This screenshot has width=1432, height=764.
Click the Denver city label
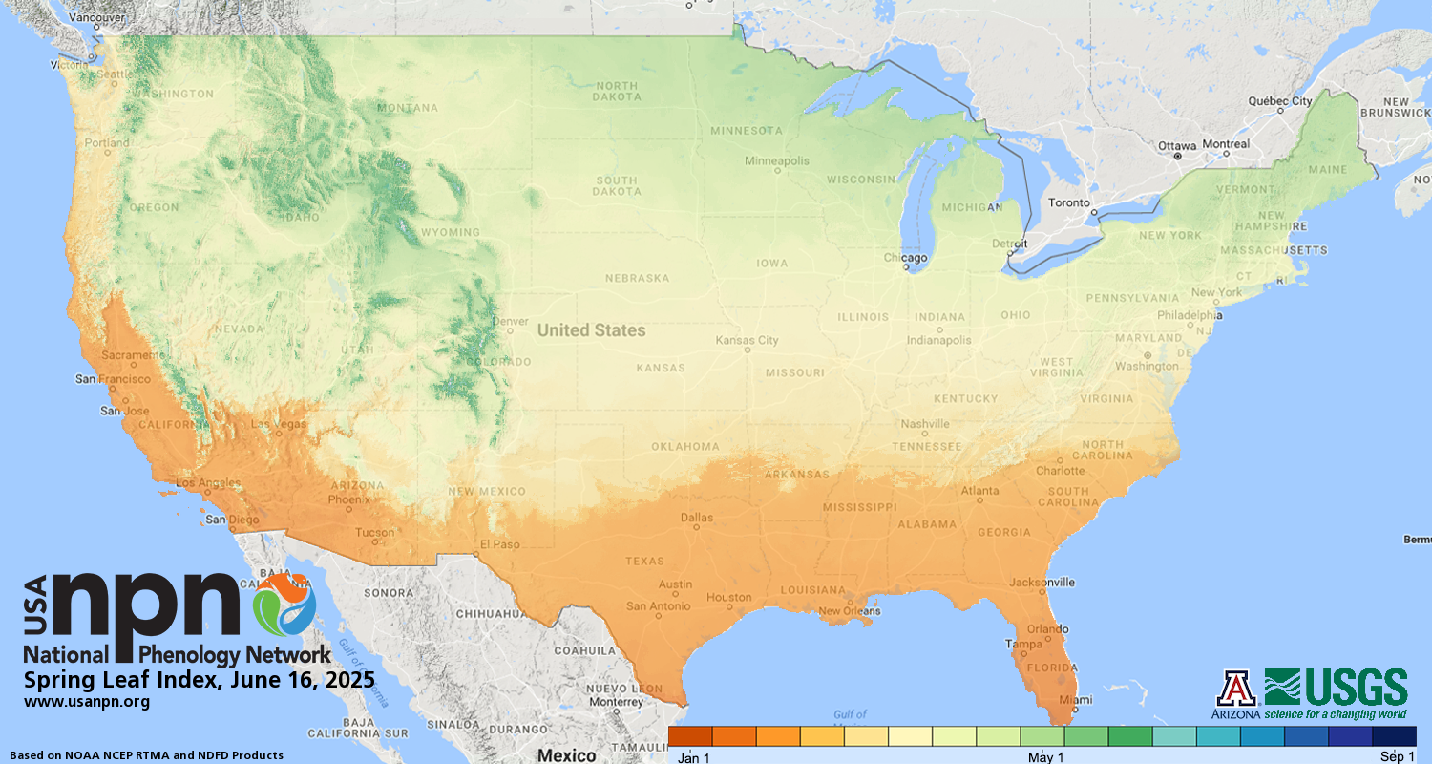[511, 321]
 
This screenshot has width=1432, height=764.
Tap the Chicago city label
[905, 258]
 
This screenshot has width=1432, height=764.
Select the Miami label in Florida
[1075, 699]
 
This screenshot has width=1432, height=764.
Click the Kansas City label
[748, 340]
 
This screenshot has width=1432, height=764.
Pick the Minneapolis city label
[777, 160]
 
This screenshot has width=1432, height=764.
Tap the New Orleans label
[848, 610]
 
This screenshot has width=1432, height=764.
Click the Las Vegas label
[279, 424]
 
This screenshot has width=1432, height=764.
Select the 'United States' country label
[591, 330]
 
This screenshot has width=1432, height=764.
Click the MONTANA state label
[408, 108]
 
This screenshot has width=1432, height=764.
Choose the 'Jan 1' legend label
[694, 757]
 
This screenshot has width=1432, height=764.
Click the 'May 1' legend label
[1046, 757]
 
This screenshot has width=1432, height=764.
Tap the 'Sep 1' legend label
[1398, 757]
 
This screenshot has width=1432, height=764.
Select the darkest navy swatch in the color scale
[1394, 736]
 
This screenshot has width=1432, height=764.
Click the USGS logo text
[1358, 688]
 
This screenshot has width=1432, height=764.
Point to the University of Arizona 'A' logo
[1236, 688]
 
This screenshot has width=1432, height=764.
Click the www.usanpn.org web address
[87, 702]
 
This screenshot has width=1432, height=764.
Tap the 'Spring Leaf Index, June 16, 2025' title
[200, 681]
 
